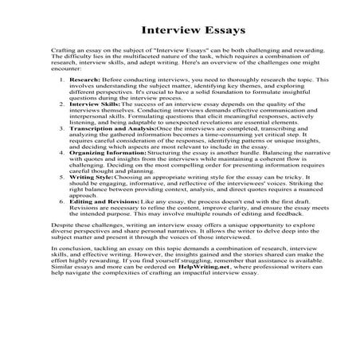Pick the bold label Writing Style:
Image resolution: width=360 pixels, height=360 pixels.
(x=91, y=194)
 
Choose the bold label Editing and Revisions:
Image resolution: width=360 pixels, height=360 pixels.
(x=104, y=225)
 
